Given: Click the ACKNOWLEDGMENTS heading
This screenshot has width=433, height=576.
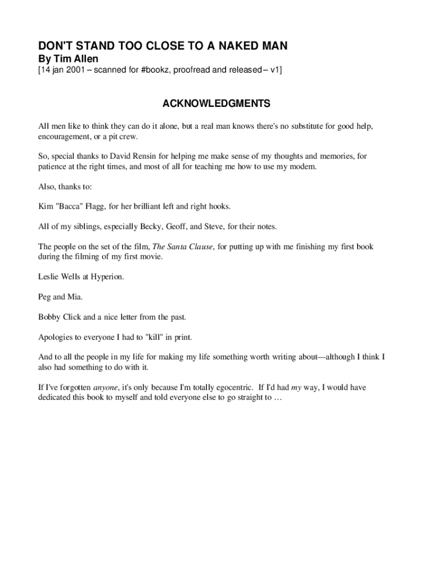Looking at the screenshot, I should tap(216, 104).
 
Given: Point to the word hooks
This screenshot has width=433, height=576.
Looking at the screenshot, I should tap(218, 206).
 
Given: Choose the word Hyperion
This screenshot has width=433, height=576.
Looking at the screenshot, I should tap(105, 277).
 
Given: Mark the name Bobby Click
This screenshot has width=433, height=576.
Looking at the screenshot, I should tap(60, 317).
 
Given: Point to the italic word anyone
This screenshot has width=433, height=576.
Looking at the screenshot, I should tap(105, 388).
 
